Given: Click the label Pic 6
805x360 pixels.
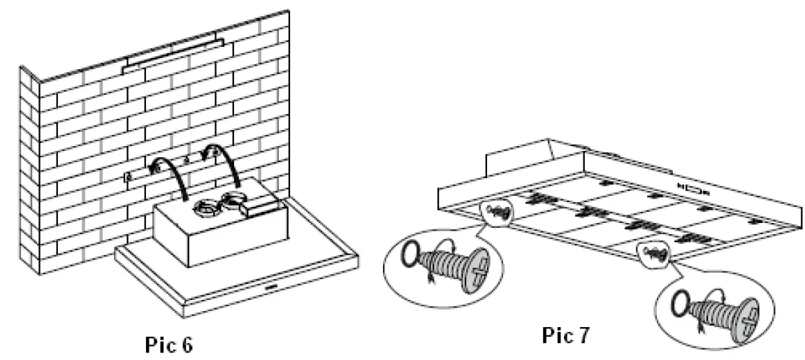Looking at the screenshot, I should point(168,345).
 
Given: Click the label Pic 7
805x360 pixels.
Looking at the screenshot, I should point(565,336).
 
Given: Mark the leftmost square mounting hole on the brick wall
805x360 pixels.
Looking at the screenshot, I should point(128,176).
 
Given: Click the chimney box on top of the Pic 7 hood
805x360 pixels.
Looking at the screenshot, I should point(517,157).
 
